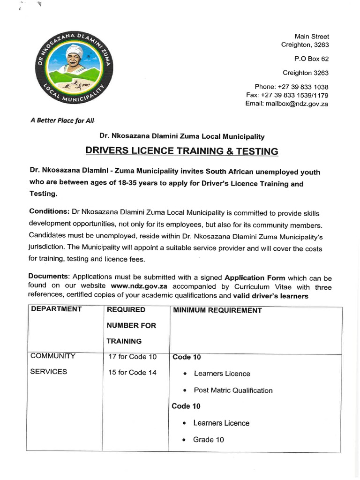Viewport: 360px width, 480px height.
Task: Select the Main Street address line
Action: click(312, 36)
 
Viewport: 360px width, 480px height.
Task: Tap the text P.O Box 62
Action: click(311, 59)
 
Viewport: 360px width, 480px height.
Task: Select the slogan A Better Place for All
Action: click(62, 120)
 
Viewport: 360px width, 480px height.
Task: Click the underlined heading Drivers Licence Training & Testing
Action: click(181, 151)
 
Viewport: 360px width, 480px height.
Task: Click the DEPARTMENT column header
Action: click(56, 309)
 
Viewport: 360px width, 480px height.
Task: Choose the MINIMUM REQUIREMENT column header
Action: click(217, 310)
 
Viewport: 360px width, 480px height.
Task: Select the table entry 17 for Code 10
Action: click(132, 357)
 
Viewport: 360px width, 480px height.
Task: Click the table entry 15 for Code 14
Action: click(132, 373)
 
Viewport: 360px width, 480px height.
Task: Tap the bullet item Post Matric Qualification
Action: click(232, 390)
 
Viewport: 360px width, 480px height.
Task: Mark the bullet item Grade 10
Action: click(209, 440)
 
